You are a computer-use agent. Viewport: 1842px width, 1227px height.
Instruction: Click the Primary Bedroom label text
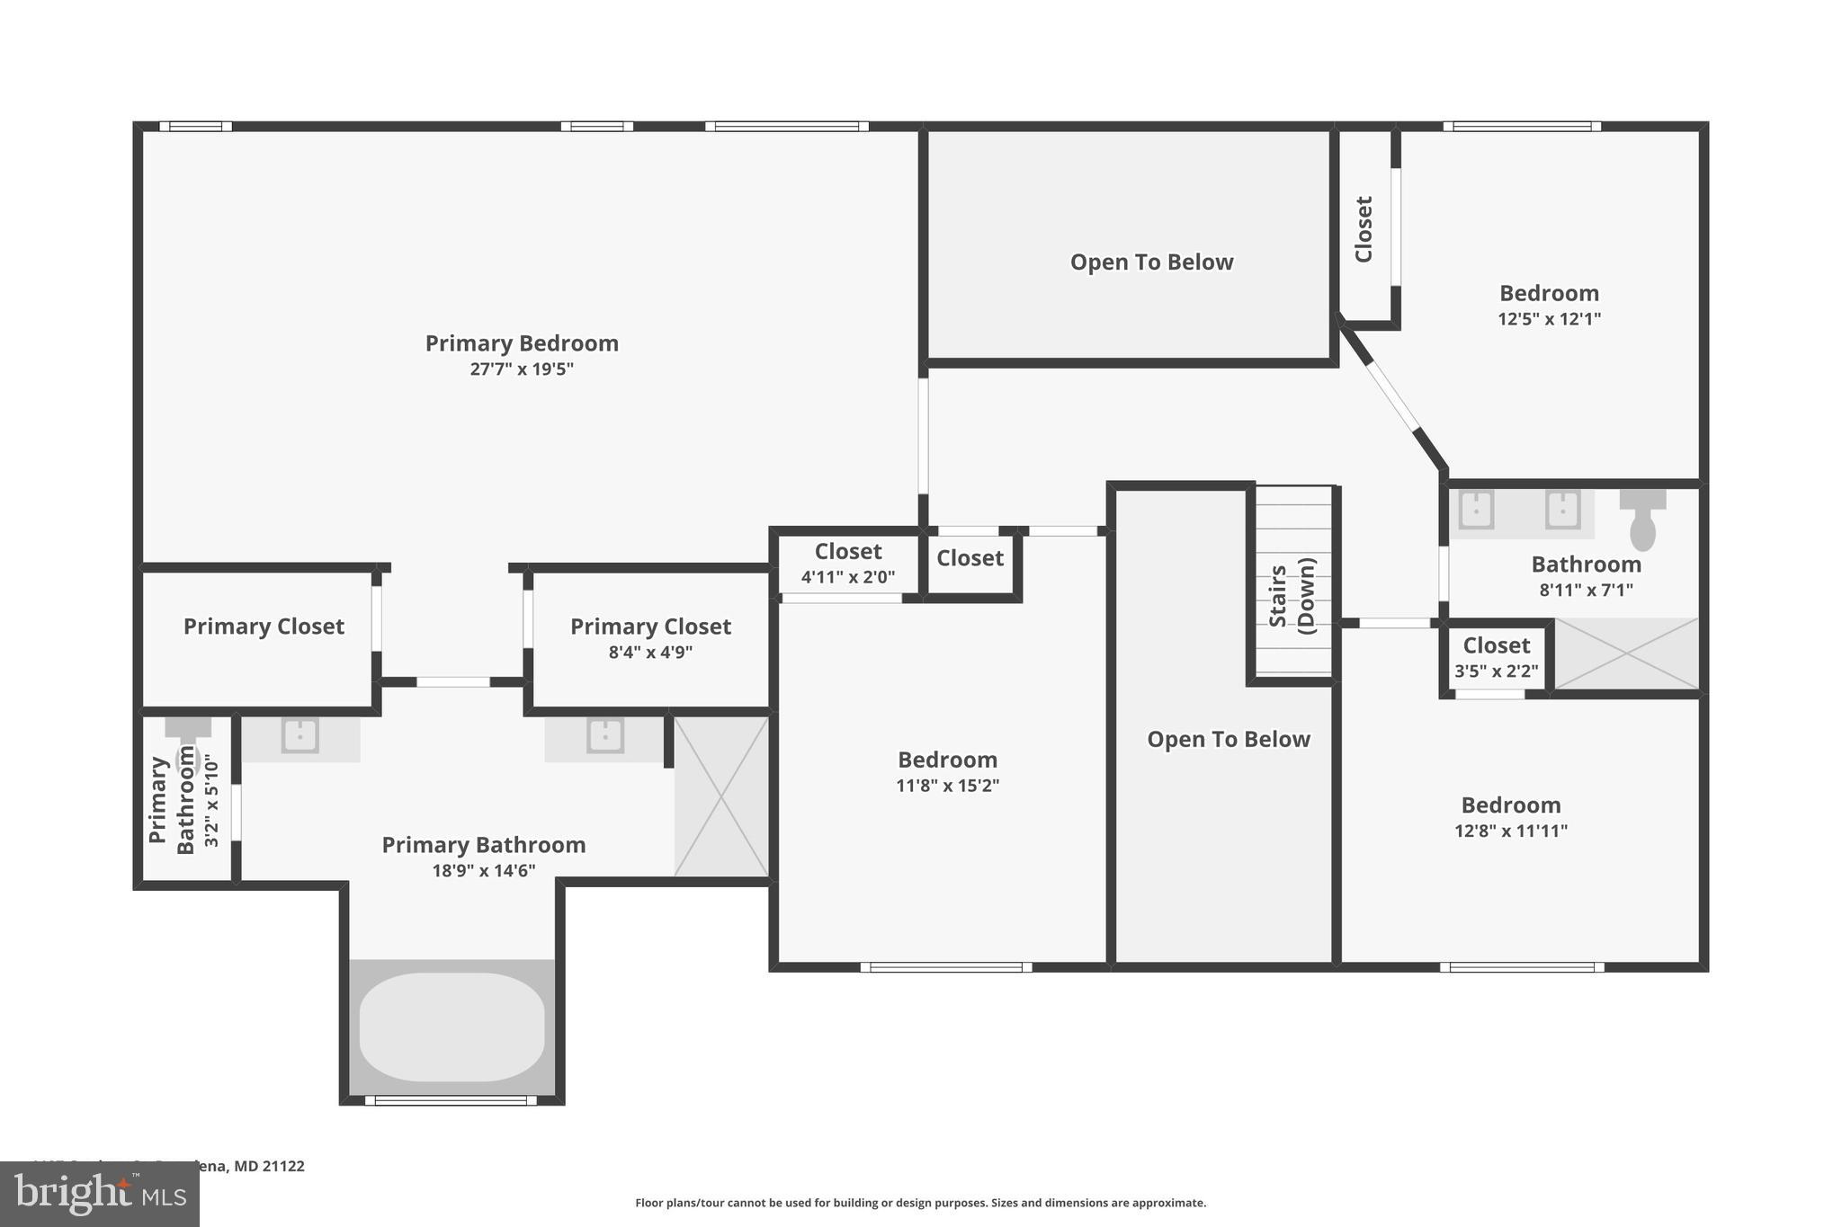[x=522, y=343]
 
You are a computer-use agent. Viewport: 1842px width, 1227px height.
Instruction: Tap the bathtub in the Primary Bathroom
[x=452, y=1027]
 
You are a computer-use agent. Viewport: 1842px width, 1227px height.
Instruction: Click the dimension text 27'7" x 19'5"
[x=522, y=369]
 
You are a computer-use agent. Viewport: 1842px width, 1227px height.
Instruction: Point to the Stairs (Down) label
[x=1292, y=596]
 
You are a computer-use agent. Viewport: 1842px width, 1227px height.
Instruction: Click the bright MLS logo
[x=99, y=1195]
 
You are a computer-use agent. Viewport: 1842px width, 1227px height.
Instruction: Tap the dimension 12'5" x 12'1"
[x=1549, y=319]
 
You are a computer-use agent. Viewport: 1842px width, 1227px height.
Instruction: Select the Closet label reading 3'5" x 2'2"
[x=1496, y=645]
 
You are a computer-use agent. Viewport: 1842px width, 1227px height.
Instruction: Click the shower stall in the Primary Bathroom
[x=721, y=796]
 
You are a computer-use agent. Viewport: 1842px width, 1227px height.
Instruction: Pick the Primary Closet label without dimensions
[x=264, y=627]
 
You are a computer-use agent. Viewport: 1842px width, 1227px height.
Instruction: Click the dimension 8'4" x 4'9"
[x=650, y=653]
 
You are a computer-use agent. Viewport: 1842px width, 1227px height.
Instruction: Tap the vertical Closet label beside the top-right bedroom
[x=1364, y=229]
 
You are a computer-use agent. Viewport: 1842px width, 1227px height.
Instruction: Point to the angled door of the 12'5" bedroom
[x=1392, y=396]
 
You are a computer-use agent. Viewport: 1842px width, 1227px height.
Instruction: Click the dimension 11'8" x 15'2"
[x=947, y=786]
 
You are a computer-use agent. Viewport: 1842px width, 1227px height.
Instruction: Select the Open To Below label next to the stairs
[x=1228, y=740]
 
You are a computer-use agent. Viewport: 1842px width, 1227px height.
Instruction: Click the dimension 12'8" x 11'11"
[x=1510, y=831]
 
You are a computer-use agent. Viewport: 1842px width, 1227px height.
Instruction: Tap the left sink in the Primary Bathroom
[x=300, y=735]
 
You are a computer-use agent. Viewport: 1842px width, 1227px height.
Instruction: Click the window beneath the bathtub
[x=451, y=1100]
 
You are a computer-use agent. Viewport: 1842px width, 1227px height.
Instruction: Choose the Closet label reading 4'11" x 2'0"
[x=848, y=552]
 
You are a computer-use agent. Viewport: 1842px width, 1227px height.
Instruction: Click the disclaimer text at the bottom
[x=920, y=1203]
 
